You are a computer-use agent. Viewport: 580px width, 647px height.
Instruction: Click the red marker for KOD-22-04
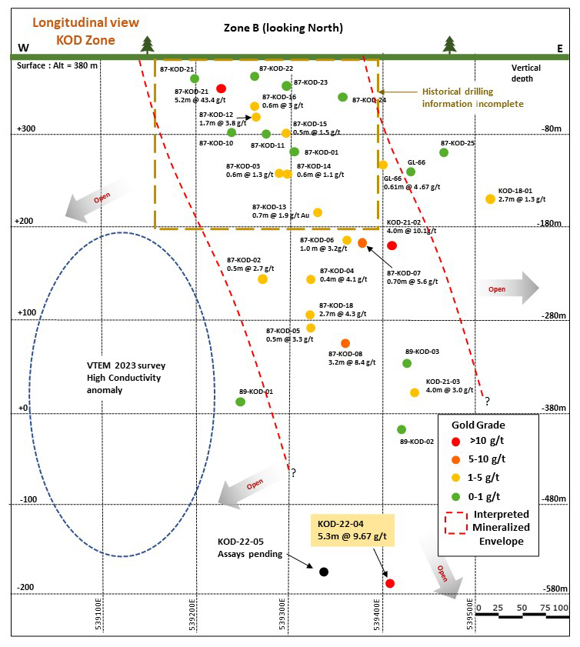390,583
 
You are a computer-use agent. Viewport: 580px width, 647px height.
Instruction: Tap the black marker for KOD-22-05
324,572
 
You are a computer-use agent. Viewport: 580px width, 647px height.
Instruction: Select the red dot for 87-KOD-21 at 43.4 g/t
221,88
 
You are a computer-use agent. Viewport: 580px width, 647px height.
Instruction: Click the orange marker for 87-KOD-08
345,343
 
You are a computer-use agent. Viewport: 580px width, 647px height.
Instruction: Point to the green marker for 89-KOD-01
241,402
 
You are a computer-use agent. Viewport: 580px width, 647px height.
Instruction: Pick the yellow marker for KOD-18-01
490,199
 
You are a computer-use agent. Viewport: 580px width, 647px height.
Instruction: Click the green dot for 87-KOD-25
444,152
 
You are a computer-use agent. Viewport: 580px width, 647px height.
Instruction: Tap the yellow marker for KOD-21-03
415,392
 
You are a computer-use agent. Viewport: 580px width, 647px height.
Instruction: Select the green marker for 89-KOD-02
402,429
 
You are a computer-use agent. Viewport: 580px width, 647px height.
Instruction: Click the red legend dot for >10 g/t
456,442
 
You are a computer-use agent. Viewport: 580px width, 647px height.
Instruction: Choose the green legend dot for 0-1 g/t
456,497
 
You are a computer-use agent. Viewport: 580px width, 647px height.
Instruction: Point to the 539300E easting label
282,614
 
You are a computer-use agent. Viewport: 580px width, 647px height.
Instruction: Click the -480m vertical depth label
554,499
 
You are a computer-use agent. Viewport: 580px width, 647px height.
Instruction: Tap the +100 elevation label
27,312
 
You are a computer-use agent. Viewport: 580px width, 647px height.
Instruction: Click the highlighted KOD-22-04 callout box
352,530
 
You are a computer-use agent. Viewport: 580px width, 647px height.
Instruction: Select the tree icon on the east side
450,45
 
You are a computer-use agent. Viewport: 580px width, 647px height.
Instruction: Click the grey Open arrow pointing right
508,288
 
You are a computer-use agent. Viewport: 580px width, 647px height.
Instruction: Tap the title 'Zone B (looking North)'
283,28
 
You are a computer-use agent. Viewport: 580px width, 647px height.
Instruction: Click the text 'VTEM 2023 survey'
126,365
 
